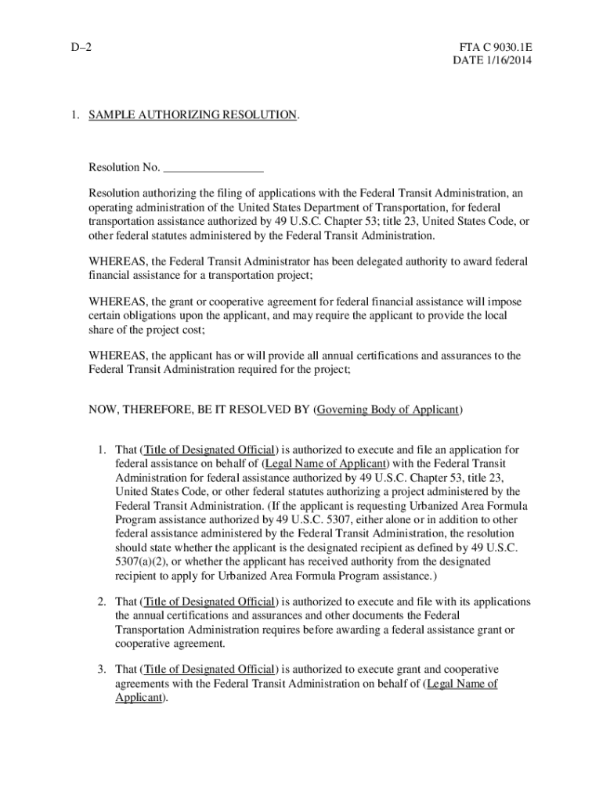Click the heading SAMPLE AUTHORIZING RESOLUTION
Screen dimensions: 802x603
[x=193, y=115]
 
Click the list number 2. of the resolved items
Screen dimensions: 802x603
[x=103, y=601]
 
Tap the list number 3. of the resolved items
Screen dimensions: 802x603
[x=103, y=670]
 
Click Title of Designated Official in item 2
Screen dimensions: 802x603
[x=208, y=601]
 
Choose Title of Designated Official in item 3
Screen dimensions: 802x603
[x=208, y=670]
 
